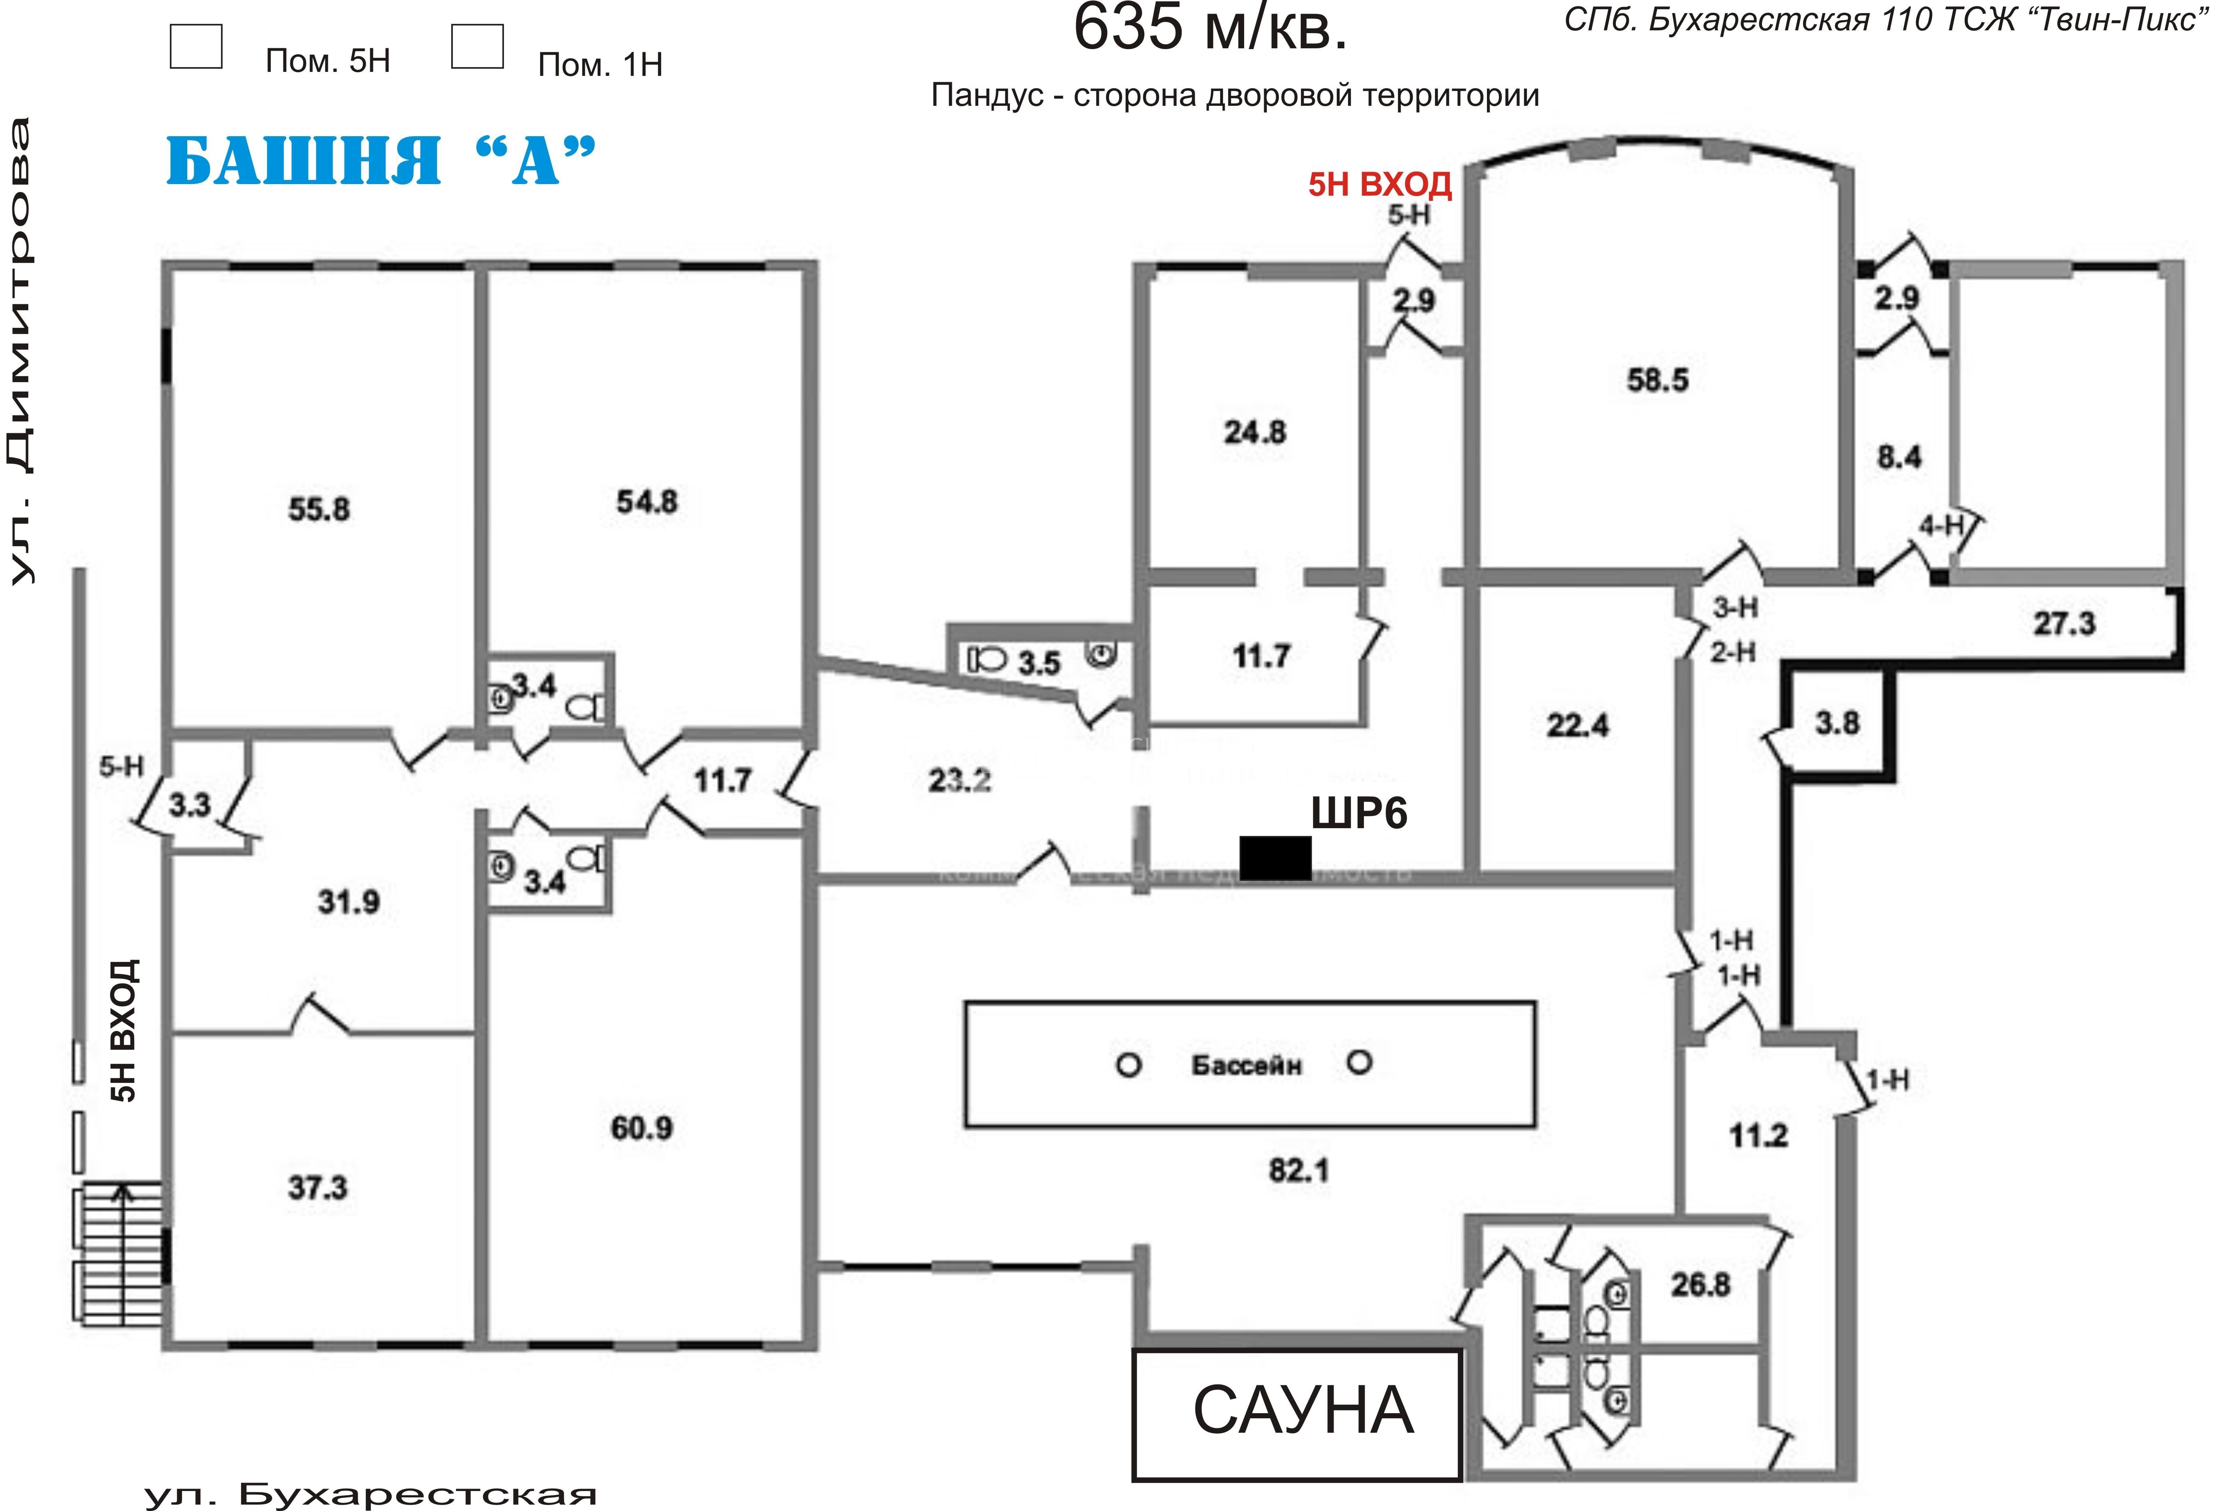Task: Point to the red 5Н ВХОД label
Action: click(x=1379, y=183)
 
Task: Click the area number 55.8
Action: click(x=319, y=509)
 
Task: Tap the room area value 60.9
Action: click(x=641, y=1128)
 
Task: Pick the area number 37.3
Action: click(x=318, y=1188)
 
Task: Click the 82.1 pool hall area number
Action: click(x=1298, y=1170)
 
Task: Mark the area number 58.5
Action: click(x=1657, y=380)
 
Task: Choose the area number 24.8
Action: click(x=1255, y=432)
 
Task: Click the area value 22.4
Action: click(x=1577, y=726)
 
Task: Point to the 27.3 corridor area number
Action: click(x=2063, y=623)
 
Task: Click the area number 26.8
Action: click(x=1700, y=1285)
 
